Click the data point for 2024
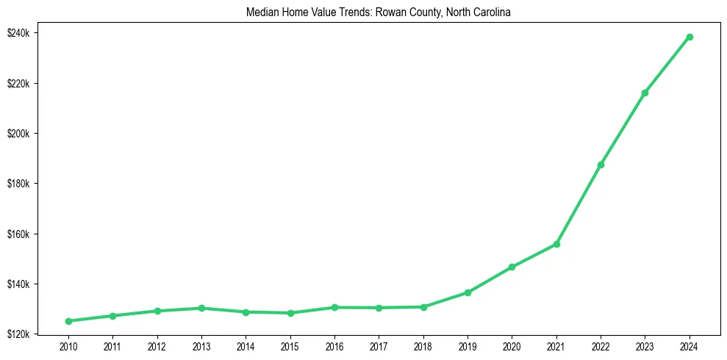coord(690,37)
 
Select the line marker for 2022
coord(601,165)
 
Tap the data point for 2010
coord(68,321)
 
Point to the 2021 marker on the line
coord(556,244)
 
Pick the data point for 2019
coord(468,292)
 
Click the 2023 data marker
coord(645,93)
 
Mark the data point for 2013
coord(201,308)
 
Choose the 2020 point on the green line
coord(512,267)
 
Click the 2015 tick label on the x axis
coord(290,347)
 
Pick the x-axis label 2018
coord(423,347)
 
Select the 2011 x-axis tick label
coord(112,347)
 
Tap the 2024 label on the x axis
coord(690,347)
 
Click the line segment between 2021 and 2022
coord(579,204)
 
